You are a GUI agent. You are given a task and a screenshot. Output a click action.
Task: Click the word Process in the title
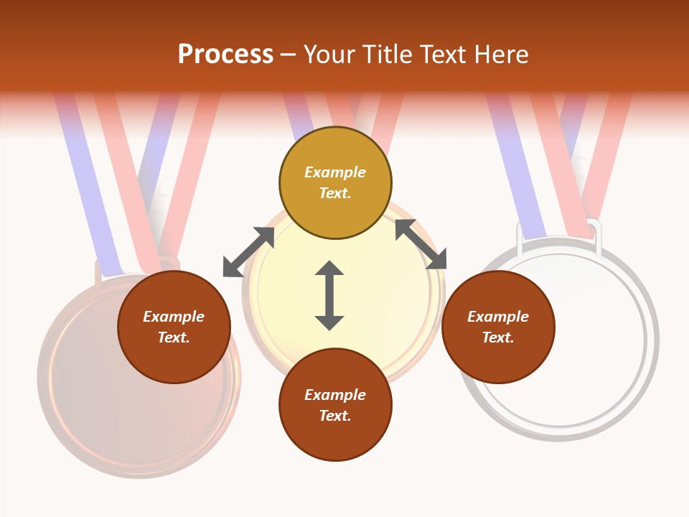(225, 55)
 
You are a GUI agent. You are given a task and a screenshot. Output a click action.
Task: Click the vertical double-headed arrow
(329, 295)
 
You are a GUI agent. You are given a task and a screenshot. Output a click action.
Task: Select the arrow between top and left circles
(249, 251)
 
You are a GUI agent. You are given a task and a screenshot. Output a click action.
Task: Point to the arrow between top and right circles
(421, 244)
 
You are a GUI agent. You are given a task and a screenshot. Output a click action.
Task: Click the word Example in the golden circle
(335, 172)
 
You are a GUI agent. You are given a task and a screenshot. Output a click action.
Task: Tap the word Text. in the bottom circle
(335, 416)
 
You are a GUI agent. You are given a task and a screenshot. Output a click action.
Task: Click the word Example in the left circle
(174, 317)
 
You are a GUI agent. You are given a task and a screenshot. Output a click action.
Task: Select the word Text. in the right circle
(498, 337)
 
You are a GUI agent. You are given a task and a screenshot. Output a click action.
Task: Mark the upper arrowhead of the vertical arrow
(329, 270)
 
